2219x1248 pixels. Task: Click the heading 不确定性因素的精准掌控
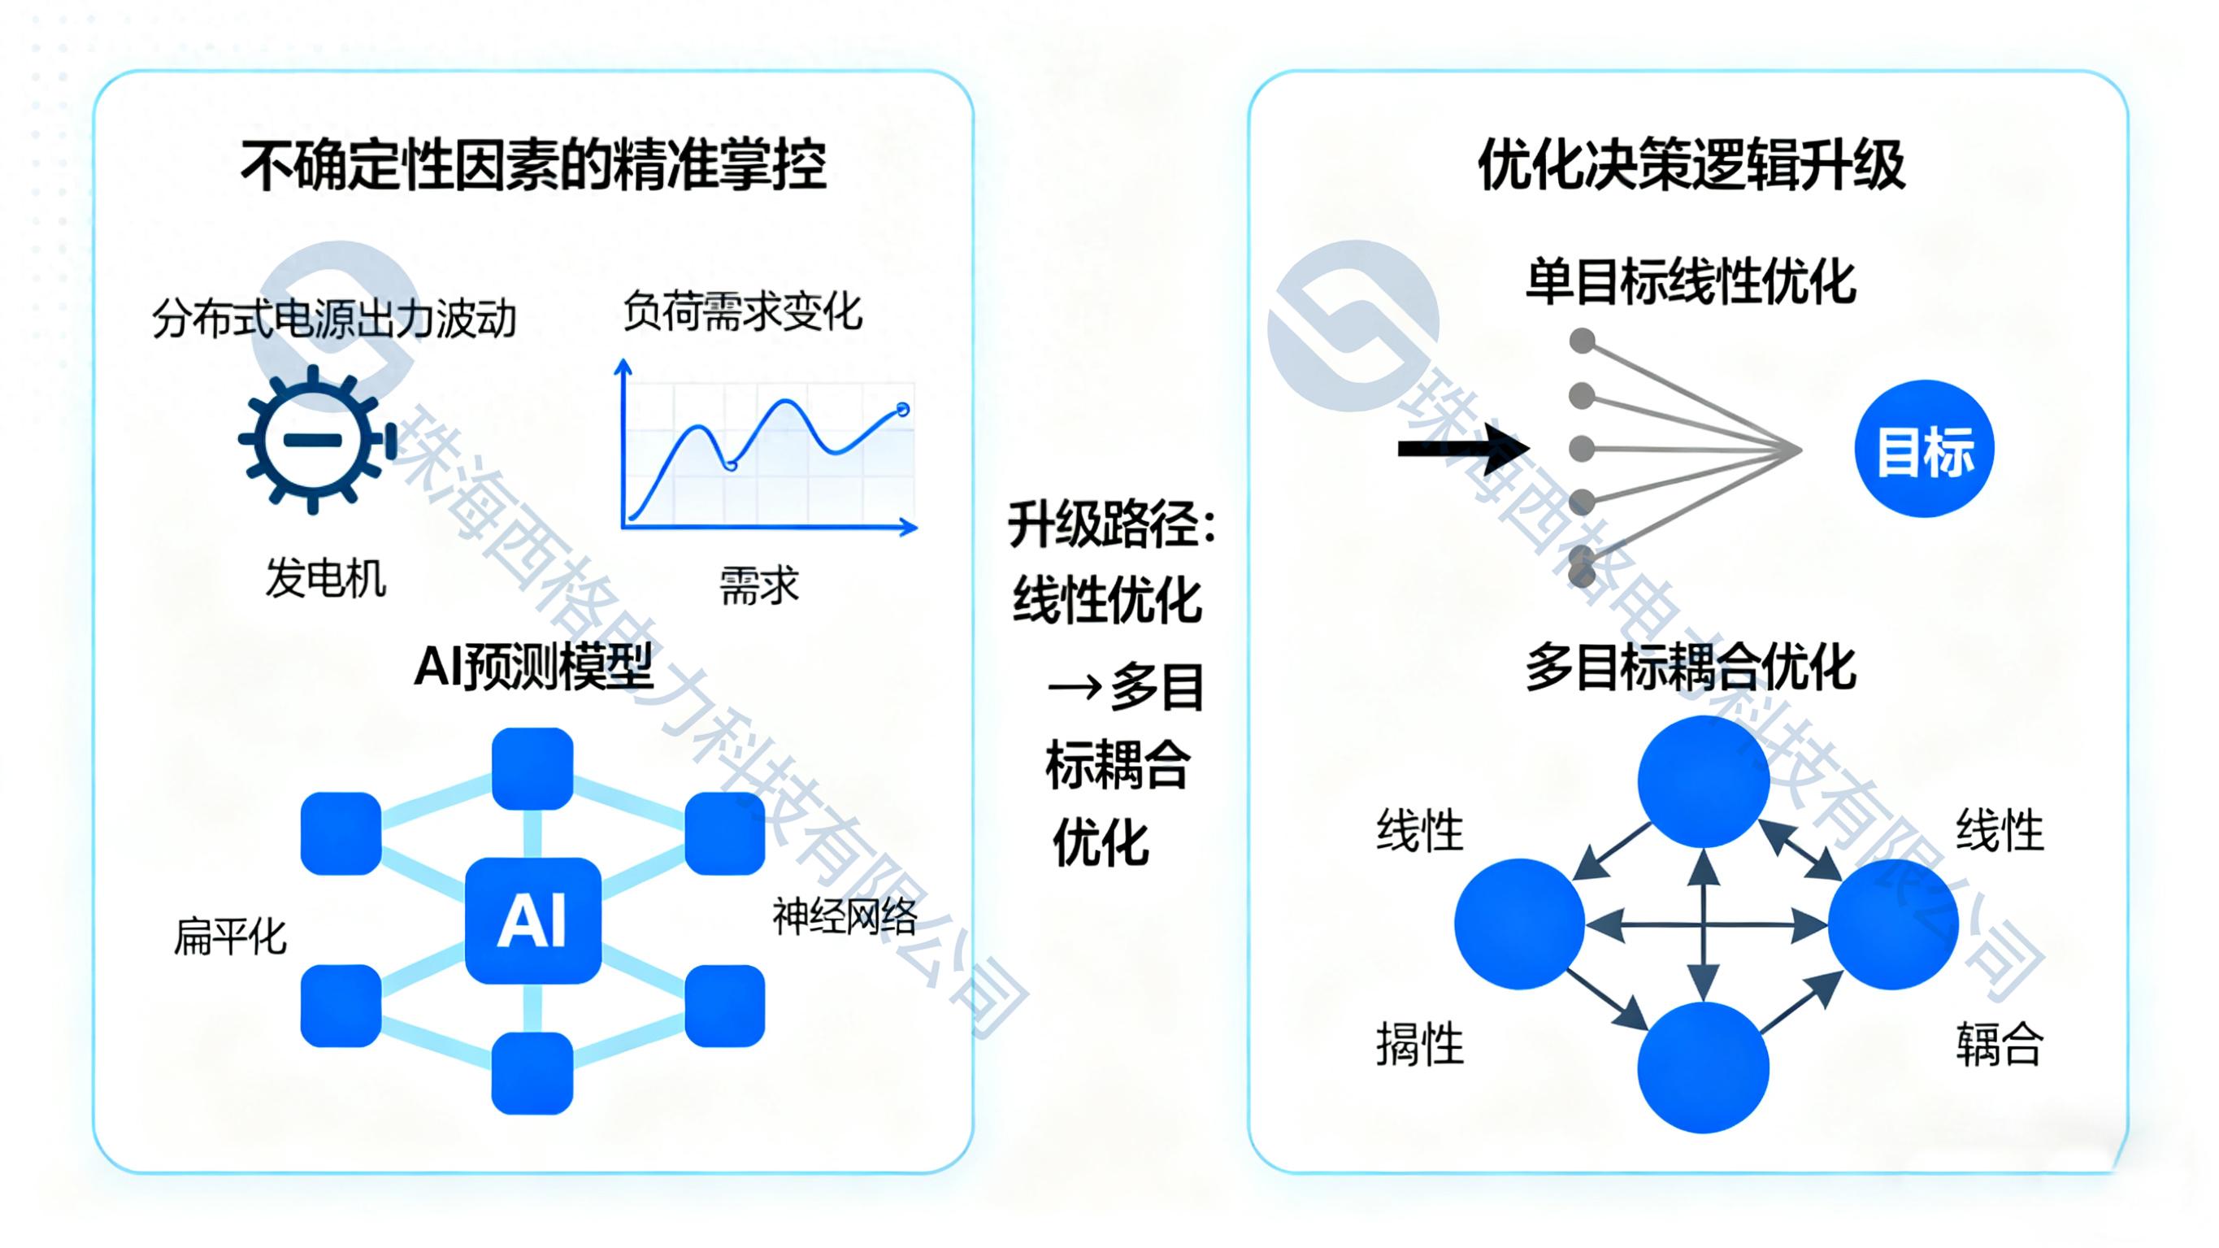pos(533,166)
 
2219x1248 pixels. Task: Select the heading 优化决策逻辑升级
pos(1691,166)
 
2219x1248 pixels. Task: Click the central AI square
pos(532,920)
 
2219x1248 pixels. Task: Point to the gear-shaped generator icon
pos(314,440)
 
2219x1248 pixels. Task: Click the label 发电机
pos(326,578)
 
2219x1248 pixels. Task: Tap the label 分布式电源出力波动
pos(334,319)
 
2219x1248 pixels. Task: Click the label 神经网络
pos(845,916)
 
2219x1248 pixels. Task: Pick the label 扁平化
pos(230,937)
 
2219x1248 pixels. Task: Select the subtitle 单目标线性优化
pos(1690,282)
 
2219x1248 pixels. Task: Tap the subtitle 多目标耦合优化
pos(1690,667)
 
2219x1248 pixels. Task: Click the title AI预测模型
pos(533,666)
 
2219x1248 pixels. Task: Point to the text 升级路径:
pos(1111,524)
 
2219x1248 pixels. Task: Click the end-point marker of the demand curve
pos(903,410)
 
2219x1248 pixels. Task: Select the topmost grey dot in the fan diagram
pos(1582,341)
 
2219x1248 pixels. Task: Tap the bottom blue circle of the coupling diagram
pos(1703,1067)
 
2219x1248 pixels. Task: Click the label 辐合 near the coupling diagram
pos(2000,1045)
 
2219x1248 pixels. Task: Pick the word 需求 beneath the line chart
pos(759,586)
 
